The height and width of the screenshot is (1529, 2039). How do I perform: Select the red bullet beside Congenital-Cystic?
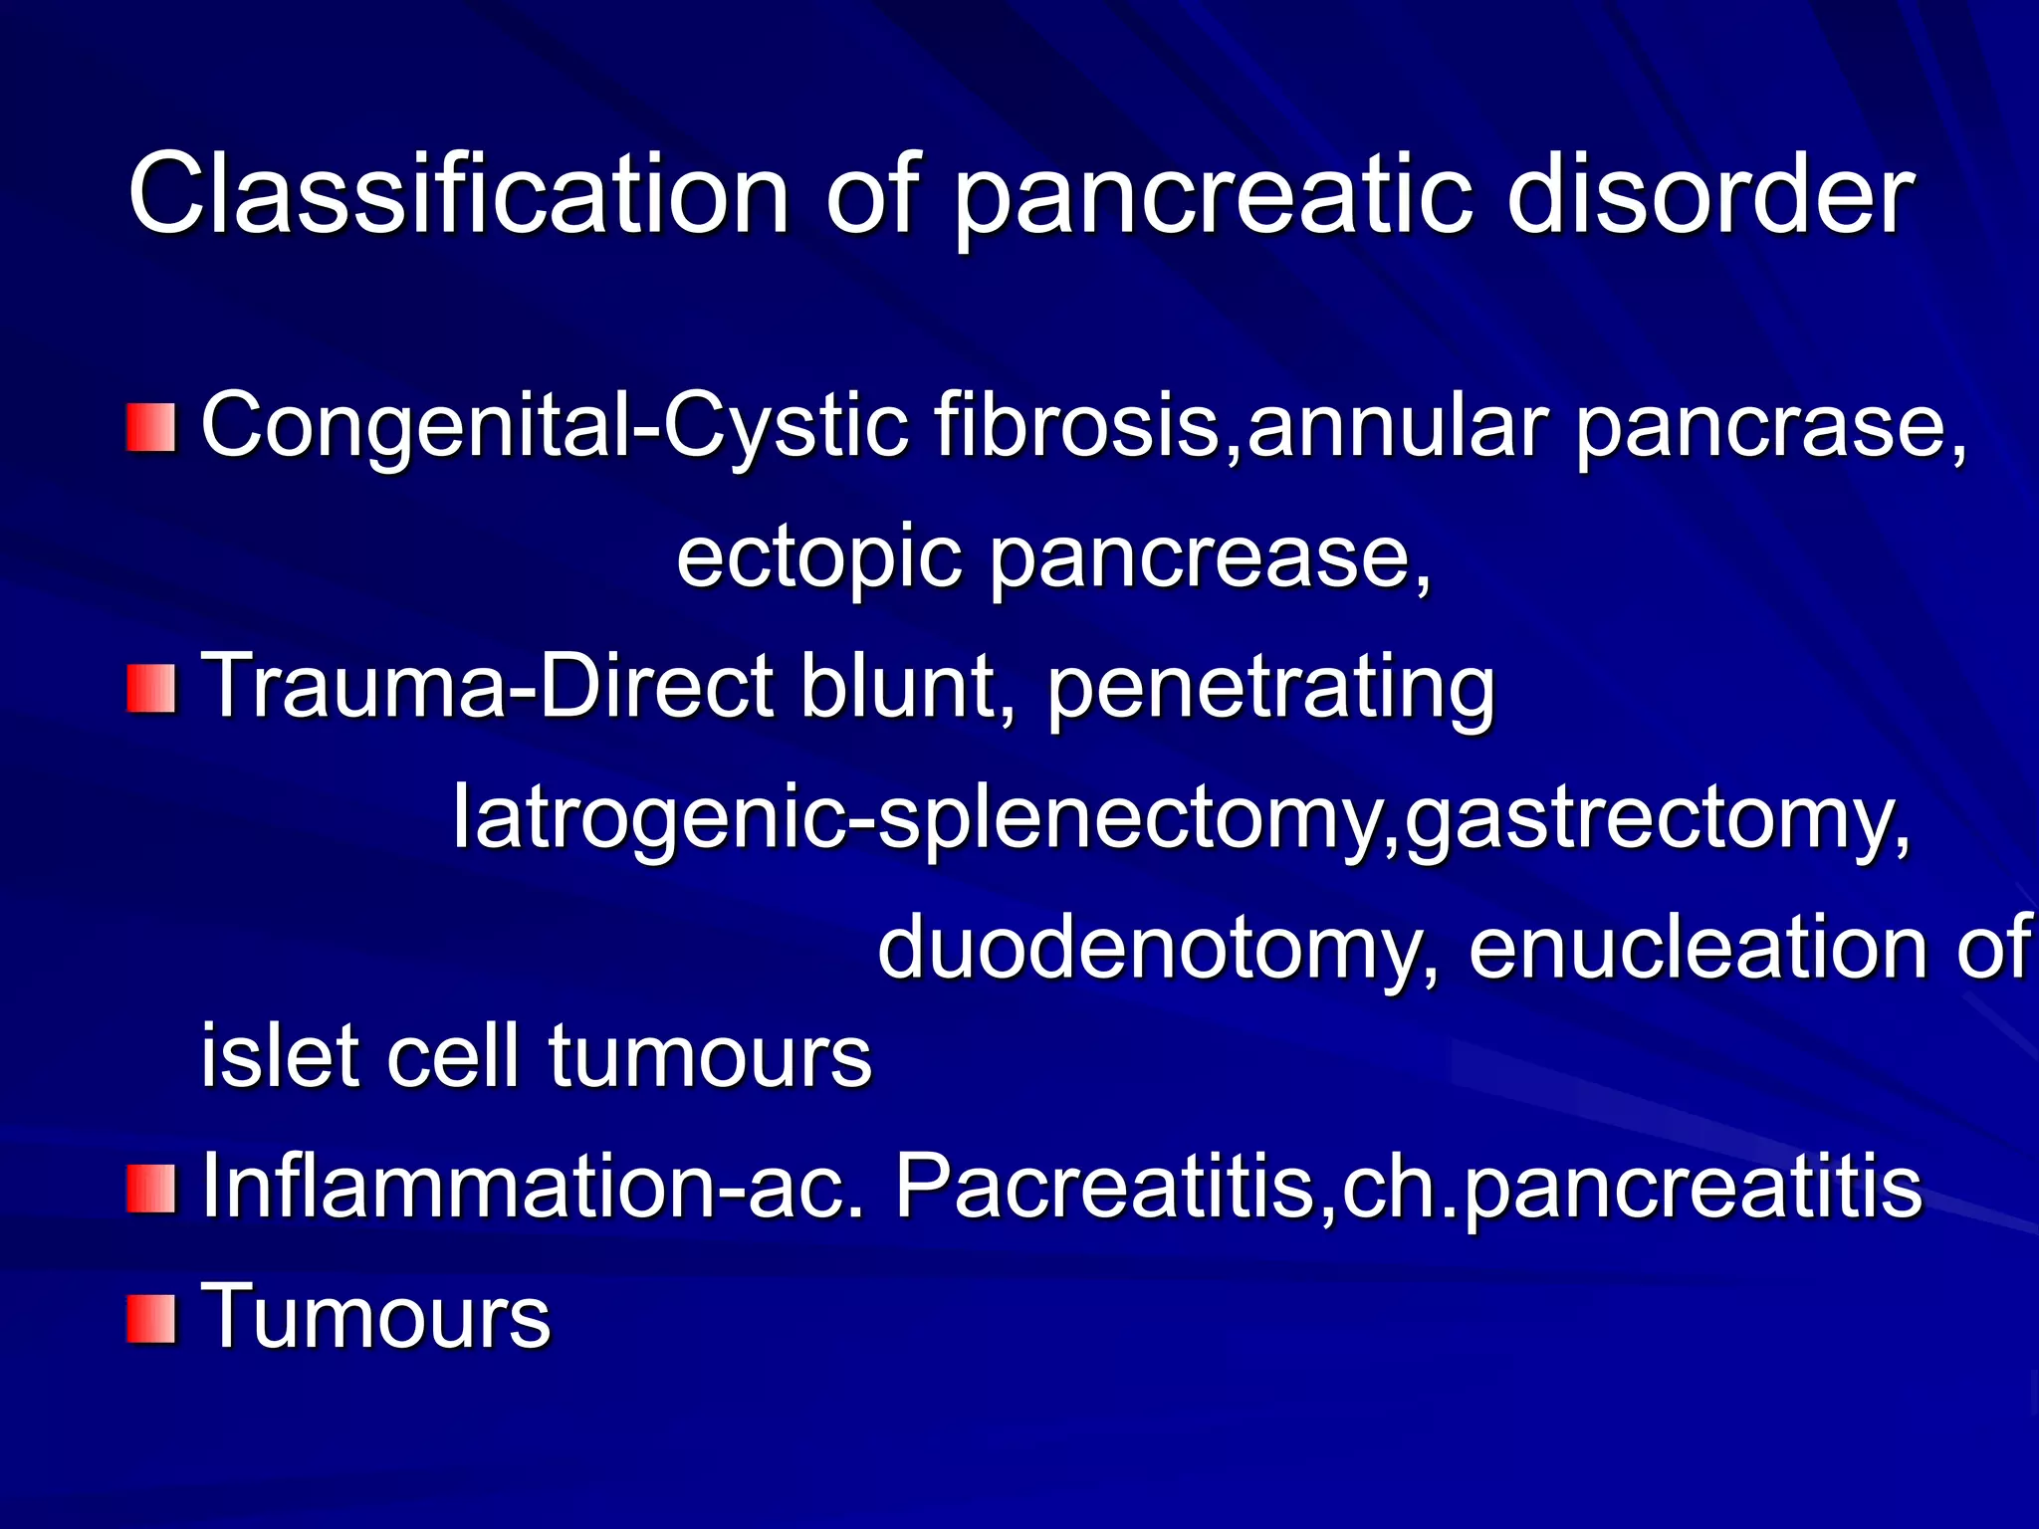(x=151, y=428)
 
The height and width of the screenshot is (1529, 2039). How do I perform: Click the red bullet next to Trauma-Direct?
(x=151, y=690)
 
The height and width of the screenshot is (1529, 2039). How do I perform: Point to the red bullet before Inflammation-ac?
(x=151, y=1190)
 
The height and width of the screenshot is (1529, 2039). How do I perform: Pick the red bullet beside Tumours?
(x=151, y=1320)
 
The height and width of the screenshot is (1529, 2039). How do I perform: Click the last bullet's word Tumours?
(x=376, y=1318)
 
